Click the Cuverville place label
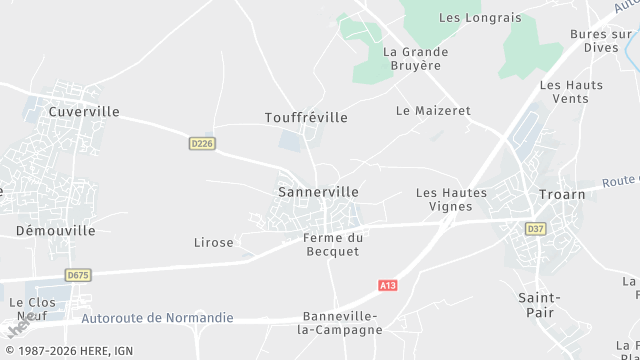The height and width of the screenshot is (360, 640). click(x=83, y=112)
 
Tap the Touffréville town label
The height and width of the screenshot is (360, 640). click(x=306, y=118)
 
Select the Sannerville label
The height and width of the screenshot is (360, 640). click(x=318, y=191)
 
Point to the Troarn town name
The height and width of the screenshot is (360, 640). click(x=561, y=194)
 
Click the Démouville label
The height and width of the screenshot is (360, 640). click(x=56, y=230)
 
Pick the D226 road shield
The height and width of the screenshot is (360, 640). click(x=202, y=144)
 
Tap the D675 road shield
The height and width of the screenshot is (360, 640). click(x=78, y=274)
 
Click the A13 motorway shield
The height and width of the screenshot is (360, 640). click(x=389, y=286)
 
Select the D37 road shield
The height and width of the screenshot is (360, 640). click(x=536, y=229)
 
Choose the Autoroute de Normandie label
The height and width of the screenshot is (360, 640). click(x=158, y=318)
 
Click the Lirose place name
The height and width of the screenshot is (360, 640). click(x=213, y=242)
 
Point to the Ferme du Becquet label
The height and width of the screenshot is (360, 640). click(x=333, y=244)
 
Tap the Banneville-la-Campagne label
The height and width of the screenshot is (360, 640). click(x=342, y=322)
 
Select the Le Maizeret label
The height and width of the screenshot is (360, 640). click(x=433, y=111)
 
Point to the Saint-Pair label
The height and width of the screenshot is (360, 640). click(x=539, y=305)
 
